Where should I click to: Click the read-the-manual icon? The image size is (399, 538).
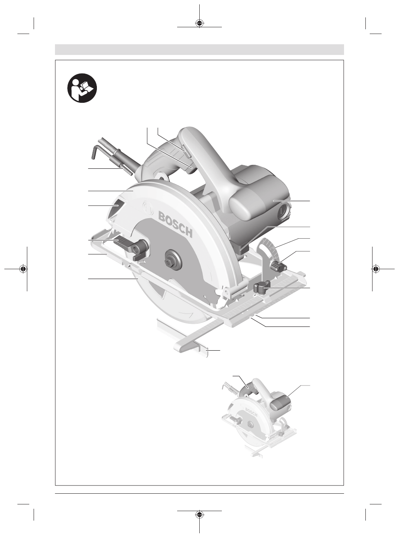pyautogui.click(x=82, y=88)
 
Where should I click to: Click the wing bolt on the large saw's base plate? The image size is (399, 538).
pyautogui.click(x=262, y=287)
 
